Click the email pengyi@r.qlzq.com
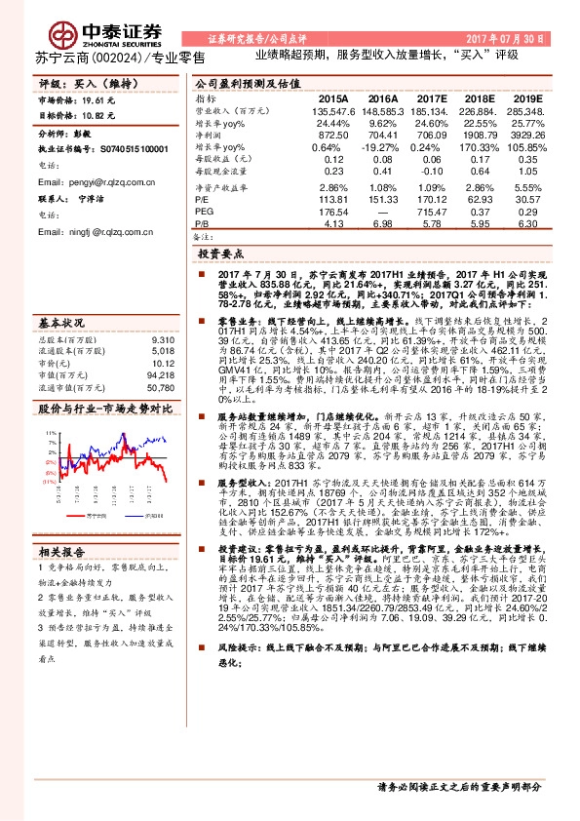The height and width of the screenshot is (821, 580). pos(78,182)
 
